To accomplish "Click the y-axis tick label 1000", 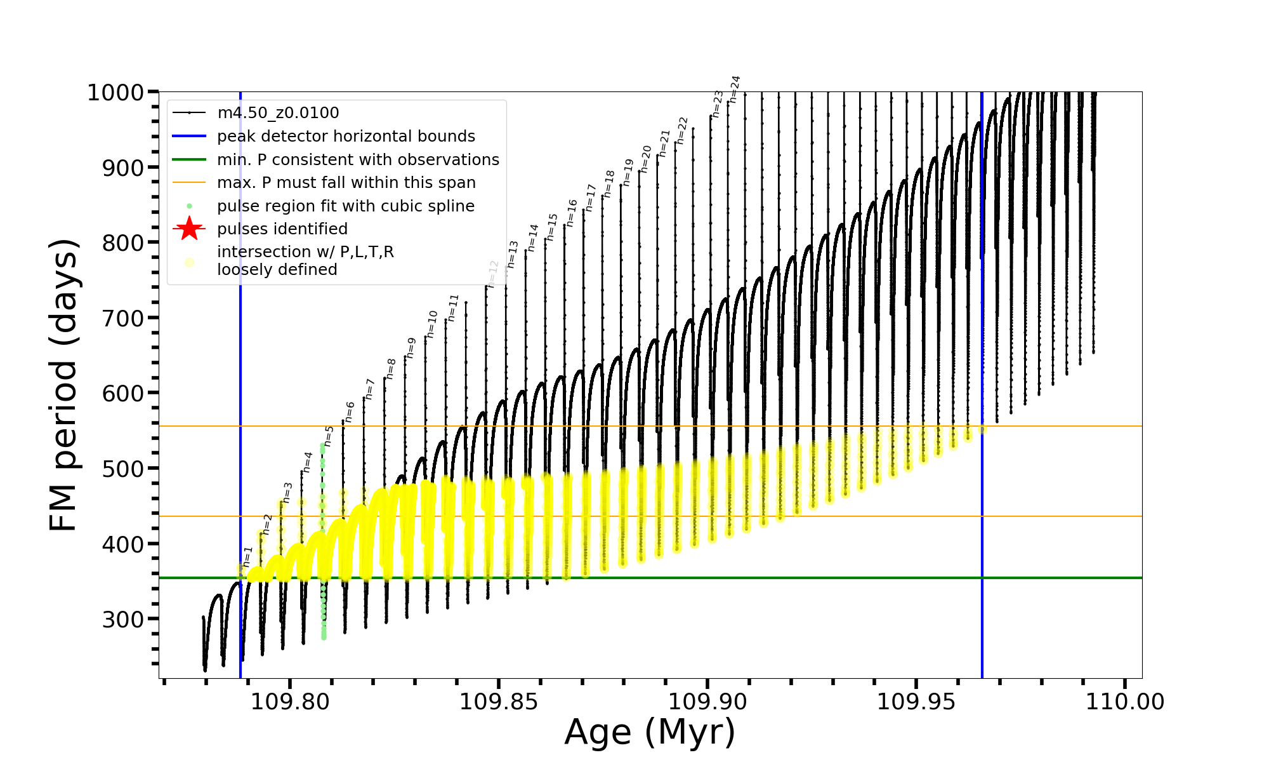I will pos(115,93).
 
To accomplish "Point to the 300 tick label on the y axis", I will pos(123,619).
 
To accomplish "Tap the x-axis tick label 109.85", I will pos(499,702).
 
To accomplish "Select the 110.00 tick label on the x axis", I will pos(1125,702).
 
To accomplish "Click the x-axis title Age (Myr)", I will pos(650,732).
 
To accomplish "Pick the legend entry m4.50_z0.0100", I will pos(278,113).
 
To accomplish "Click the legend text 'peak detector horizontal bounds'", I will pos(346,137).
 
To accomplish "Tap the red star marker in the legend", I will pos(189,229).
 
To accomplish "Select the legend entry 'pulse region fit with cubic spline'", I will pos(345,206).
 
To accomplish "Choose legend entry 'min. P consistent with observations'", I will pos(358,160).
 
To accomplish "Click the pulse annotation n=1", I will pos(248,556).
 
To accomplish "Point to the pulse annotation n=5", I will pos(329,436).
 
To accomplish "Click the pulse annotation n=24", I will pos(735,89).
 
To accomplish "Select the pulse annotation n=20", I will pos(646,159).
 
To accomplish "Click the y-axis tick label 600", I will pos(123,394).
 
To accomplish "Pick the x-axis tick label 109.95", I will pos(916,702).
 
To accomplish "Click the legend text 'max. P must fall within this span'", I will pos(346,183).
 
